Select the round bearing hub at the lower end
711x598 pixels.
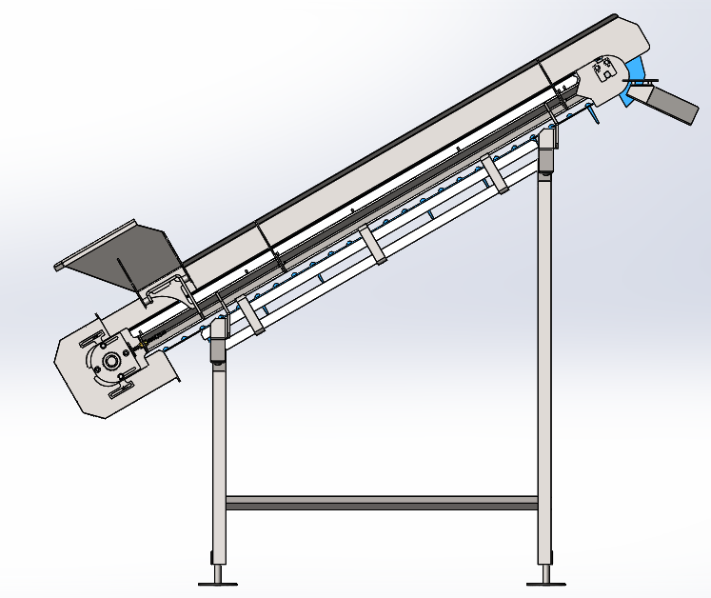tap(112, 362)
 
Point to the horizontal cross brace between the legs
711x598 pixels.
tap(381, 503)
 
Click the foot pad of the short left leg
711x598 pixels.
tap(218, 580)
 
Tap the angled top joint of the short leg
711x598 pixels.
tap(218, 339)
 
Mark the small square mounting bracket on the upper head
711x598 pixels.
tap(602, 69)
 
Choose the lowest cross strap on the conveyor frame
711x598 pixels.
tap(247, 315)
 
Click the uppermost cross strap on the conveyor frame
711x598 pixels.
tap(495, 174)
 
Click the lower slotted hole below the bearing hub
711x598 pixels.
tap(123, 389)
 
